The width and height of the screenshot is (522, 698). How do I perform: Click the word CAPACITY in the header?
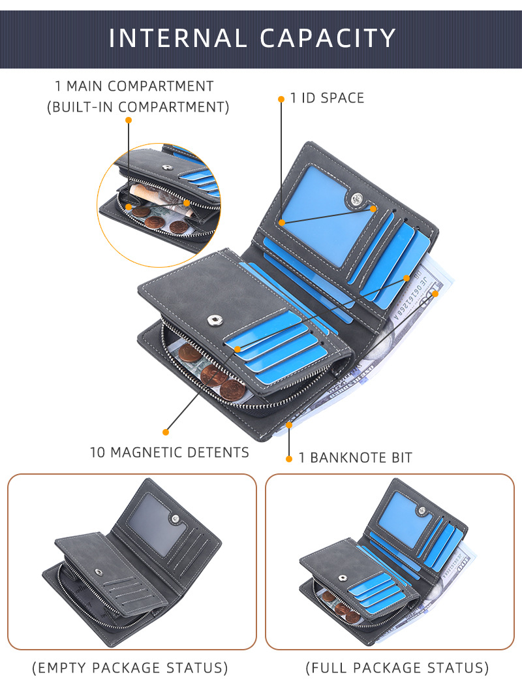(x=328, y=38)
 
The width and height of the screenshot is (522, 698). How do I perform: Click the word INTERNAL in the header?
(x=177, y=38)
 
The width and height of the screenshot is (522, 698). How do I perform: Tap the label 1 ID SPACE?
(x=327, y=98)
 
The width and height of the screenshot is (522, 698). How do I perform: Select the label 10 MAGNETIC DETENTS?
(x=169, y=452)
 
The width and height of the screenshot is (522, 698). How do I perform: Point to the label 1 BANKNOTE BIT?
(x=355, y=458)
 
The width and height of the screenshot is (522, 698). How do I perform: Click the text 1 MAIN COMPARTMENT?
(x=134, y=86)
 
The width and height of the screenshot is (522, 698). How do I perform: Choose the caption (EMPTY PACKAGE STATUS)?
(x=130, y=668)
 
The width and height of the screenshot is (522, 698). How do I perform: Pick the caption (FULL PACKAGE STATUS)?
(x=397, y=668)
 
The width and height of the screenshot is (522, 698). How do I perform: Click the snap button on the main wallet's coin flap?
(x=213, y=319)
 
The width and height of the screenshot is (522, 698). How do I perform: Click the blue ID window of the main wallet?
(x=316, y=212)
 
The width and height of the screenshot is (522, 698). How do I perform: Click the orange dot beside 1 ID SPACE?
(x=281, y=99)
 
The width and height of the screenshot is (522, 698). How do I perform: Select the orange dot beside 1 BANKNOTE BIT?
(x=289, y=459)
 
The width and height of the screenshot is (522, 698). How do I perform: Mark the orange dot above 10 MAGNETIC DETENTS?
(x=166, y=432)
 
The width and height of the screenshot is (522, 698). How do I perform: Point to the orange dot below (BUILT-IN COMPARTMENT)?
(x=129, y=120)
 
